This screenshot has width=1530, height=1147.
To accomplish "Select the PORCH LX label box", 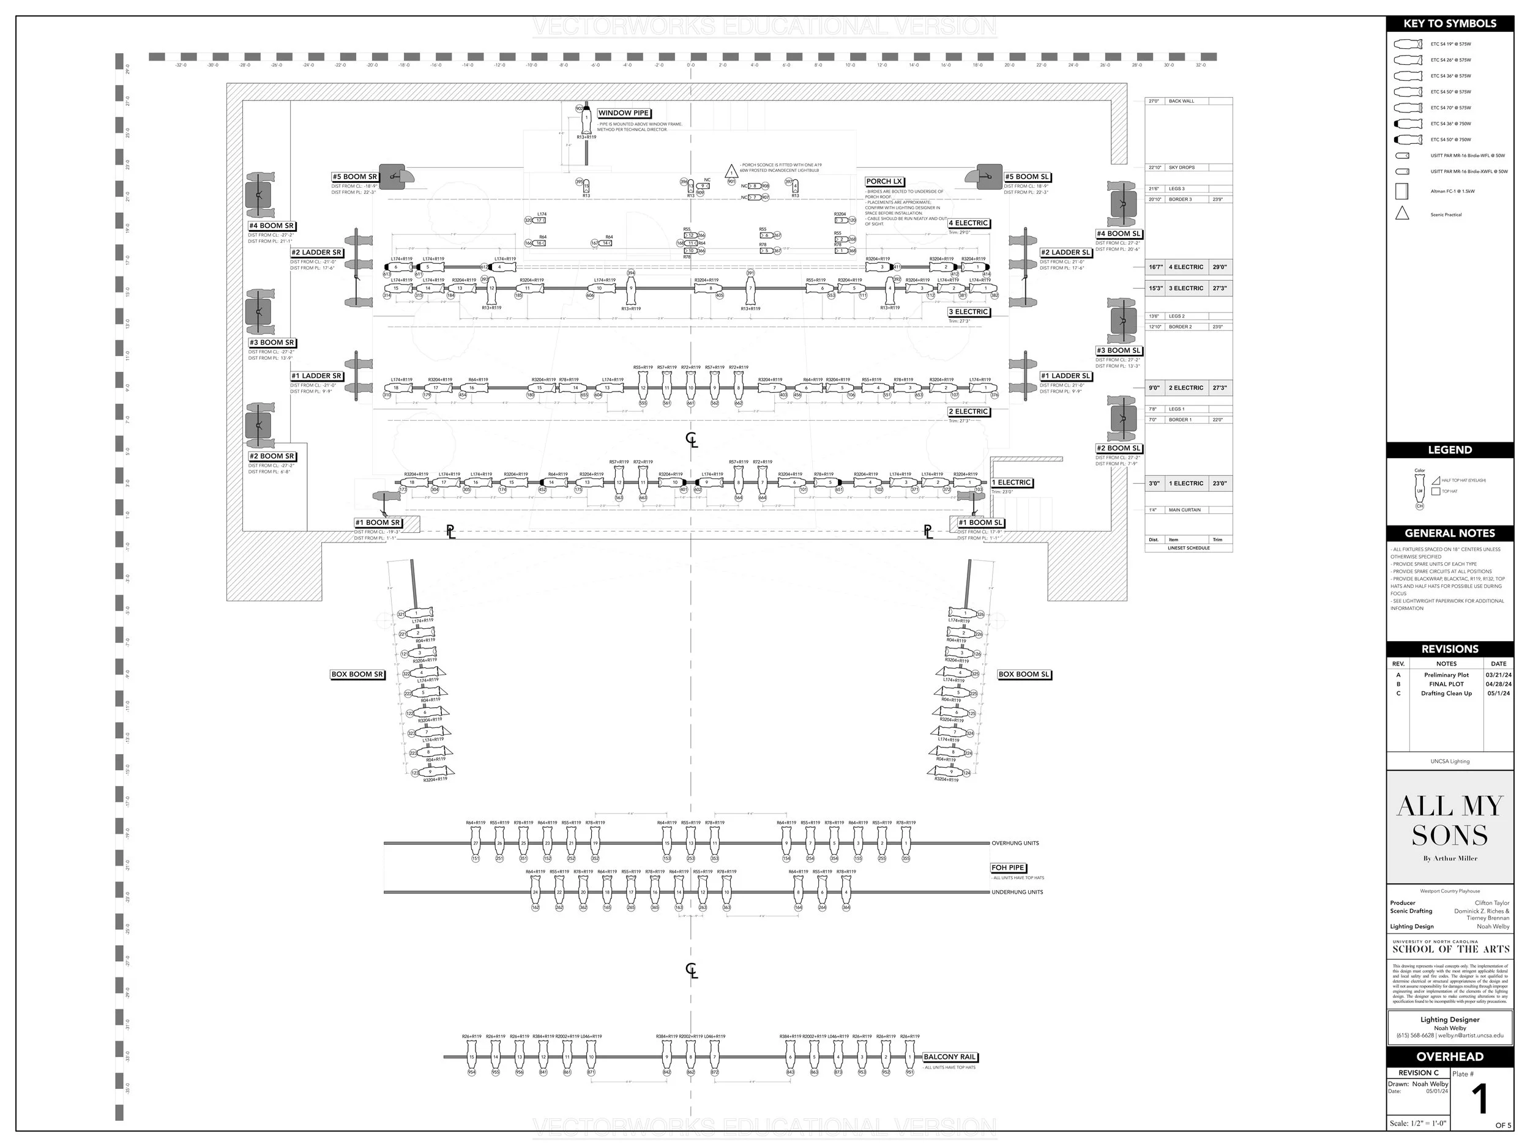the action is point(884,182).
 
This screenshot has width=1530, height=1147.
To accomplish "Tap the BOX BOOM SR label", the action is point(357,674).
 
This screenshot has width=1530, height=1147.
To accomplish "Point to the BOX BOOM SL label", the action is point(1024,674).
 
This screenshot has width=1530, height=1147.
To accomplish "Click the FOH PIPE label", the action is point(1008,867).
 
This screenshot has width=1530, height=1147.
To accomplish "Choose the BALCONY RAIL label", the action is point(950,1057).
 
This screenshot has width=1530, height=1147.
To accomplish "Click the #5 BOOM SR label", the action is point(355,177).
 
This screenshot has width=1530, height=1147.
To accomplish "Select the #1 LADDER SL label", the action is point(1065,376).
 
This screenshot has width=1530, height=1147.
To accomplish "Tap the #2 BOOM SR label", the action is point(272,456).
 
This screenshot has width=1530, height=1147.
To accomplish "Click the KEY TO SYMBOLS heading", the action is point(1450,23).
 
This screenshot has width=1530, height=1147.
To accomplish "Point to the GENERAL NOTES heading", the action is point(1450,533).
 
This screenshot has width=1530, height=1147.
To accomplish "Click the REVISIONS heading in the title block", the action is point(1450,649).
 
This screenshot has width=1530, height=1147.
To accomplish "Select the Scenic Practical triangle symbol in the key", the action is point(1402,213).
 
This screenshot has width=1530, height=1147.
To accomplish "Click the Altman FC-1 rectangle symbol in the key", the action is point(1402,191).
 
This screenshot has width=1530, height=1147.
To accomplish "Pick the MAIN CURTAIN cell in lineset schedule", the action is point(1185,510).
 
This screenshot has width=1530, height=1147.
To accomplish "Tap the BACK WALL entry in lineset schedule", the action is point(1181,101).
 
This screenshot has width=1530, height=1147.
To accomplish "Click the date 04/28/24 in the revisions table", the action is point(1498,685).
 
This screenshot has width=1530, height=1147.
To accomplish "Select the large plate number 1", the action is point(1479,1100).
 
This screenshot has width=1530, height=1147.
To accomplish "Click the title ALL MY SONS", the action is point(1450,821).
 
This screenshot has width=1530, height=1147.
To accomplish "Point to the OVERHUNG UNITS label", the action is point(1015,844).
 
